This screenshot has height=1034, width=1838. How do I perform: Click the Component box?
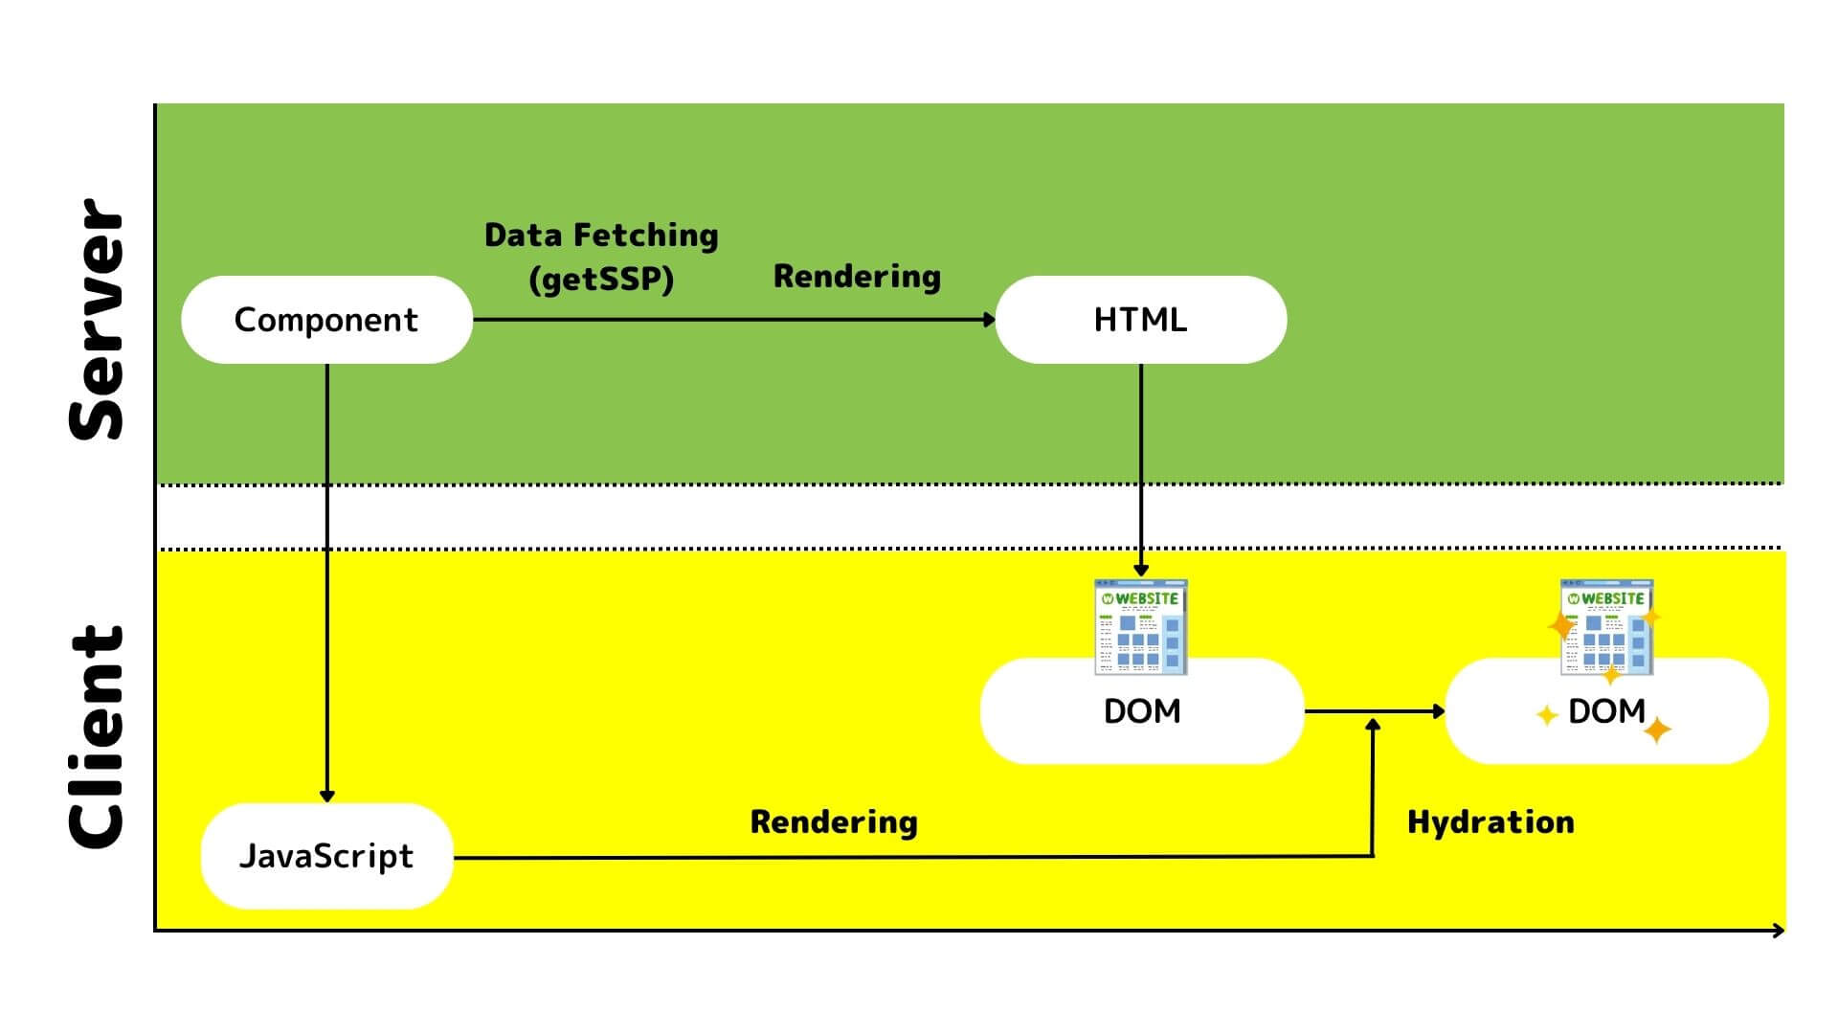[326, 320]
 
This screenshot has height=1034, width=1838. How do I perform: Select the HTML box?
[1140, 320]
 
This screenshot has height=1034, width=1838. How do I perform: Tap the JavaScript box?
[326, 856]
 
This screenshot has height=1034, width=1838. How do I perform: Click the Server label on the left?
[97, 320]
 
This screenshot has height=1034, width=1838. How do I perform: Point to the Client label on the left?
[97, 737]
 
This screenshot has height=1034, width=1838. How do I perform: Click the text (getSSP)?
[601, 280]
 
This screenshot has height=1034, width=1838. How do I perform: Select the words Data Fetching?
[601, 235]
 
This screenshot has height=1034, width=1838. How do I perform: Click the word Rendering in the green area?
[857, 277]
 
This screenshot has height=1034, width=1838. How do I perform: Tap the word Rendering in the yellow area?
[834, 822]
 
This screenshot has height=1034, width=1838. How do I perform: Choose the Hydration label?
[1491, 822]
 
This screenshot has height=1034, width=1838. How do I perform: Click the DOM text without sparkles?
[1142, 711]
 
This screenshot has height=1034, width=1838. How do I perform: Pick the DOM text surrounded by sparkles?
[1606, 711]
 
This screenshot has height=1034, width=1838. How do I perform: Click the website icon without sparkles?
[1141, 627]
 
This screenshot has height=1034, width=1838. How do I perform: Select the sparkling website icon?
[1606, 627]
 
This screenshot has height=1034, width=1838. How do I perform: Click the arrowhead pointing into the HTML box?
[990, 320]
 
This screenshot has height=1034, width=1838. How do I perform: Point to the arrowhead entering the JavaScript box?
[326, 796]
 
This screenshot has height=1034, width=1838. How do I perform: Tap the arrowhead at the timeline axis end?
[1779, 930]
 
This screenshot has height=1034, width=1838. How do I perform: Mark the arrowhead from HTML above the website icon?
[1141, 570]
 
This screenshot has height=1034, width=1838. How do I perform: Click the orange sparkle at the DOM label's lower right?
[1657, 731]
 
